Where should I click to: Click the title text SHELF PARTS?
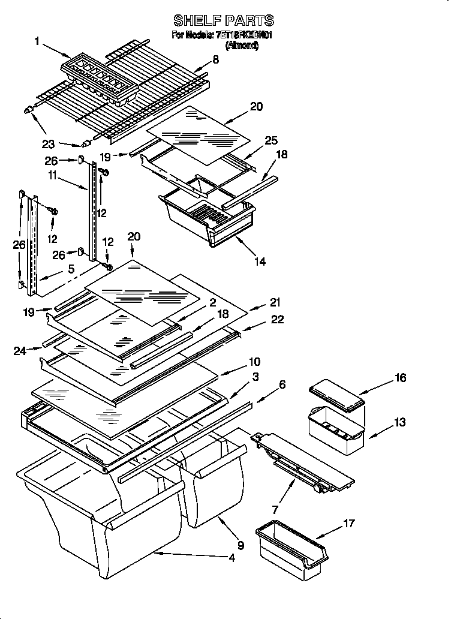point(223,21)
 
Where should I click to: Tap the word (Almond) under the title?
point(242,45)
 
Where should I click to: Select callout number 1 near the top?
point(37,41)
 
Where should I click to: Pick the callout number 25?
point(271,140)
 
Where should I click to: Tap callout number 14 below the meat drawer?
point(260,262)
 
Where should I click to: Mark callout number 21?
point(275,302)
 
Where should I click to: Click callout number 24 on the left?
point(20,351)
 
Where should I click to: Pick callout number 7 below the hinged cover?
point(275,510)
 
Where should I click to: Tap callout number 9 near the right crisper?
point(240,545)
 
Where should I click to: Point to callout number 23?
point(49,143)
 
